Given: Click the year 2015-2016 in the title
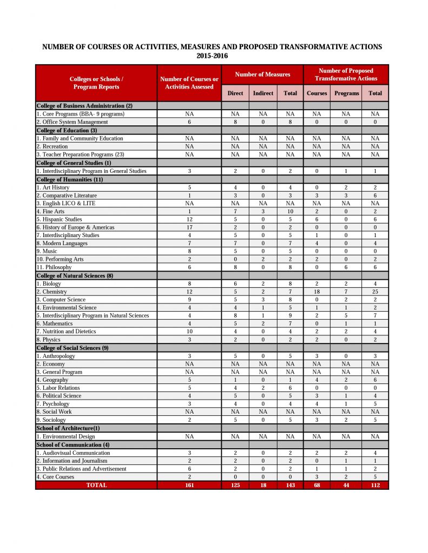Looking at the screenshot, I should (x=212, y=56).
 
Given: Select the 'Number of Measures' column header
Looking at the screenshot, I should (x=262, y=75).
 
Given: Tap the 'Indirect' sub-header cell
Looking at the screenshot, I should (x=263, y=93).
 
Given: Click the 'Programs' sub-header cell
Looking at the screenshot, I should (x=346, y=93).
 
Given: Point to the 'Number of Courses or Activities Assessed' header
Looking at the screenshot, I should (x=189, y=83).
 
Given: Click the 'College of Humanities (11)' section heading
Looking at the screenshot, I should (x=69, y=179).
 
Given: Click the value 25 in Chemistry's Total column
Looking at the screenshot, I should (x=374, y=292).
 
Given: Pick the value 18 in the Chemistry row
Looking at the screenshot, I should (x=317, y=292).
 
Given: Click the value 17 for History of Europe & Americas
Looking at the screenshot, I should (x=189, y=227).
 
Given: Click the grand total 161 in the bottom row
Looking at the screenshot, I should (x=189, y=485).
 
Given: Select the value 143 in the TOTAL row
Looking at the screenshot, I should (x=290, y=485).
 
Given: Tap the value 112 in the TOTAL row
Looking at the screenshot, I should (x=374, y=485).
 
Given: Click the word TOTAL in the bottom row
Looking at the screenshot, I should (x=96, y=485).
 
